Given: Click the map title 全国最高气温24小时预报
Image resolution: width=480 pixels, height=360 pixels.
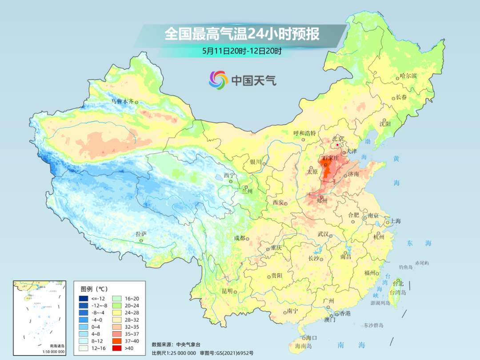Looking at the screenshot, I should (x=242, y=34).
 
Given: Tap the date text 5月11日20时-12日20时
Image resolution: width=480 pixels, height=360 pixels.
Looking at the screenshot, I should (x=242, y=51).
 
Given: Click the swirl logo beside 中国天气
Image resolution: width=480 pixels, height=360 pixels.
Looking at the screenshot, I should (x=218, y=80).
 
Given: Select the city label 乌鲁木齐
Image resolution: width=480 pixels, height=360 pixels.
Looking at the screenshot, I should (x=122, y=102).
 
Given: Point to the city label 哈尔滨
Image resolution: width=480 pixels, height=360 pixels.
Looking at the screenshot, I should (x=408, y=76).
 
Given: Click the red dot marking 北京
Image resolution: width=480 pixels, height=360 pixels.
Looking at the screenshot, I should (x=338, y=144).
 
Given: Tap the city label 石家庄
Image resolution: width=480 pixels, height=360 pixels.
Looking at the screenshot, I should (x=330, y=158).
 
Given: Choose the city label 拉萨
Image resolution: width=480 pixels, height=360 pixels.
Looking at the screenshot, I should (x=141, y=234).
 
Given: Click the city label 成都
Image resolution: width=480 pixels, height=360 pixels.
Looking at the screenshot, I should (x=239, y=238).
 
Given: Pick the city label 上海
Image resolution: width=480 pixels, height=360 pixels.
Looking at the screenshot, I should (x=396, y=221).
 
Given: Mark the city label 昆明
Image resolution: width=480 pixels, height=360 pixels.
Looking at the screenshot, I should (x=227, y=291).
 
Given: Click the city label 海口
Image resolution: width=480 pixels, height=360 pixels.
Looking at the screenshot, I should (x=312, y=338).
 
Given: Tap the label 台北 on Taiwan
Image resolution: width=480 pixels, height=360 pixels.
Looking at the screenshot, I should (x=398, y=283).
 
